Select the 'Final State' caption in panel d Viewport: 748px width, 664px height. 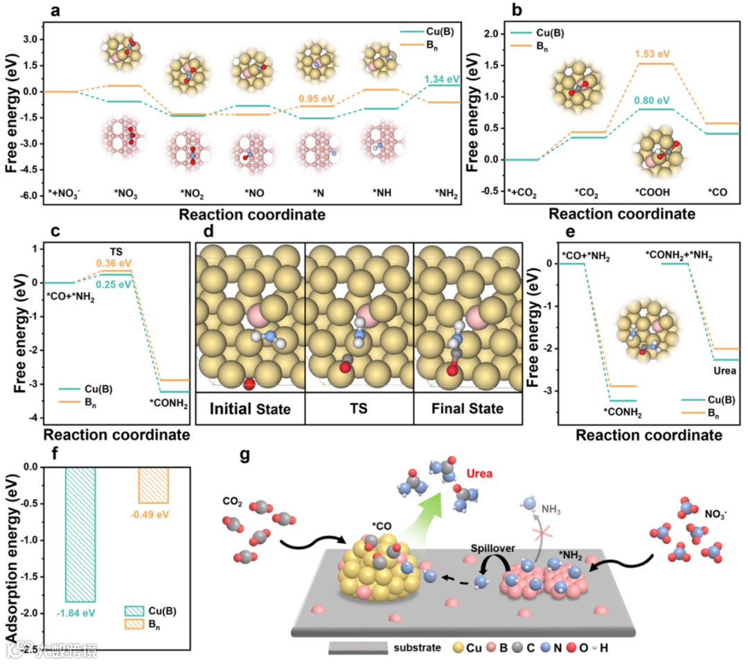(x=467, y=409)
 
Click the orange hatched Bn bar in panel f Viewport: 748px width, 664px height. (x=154, y=485)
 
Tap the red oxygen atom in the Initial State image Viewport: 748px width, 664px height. (x=250, y=384)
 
